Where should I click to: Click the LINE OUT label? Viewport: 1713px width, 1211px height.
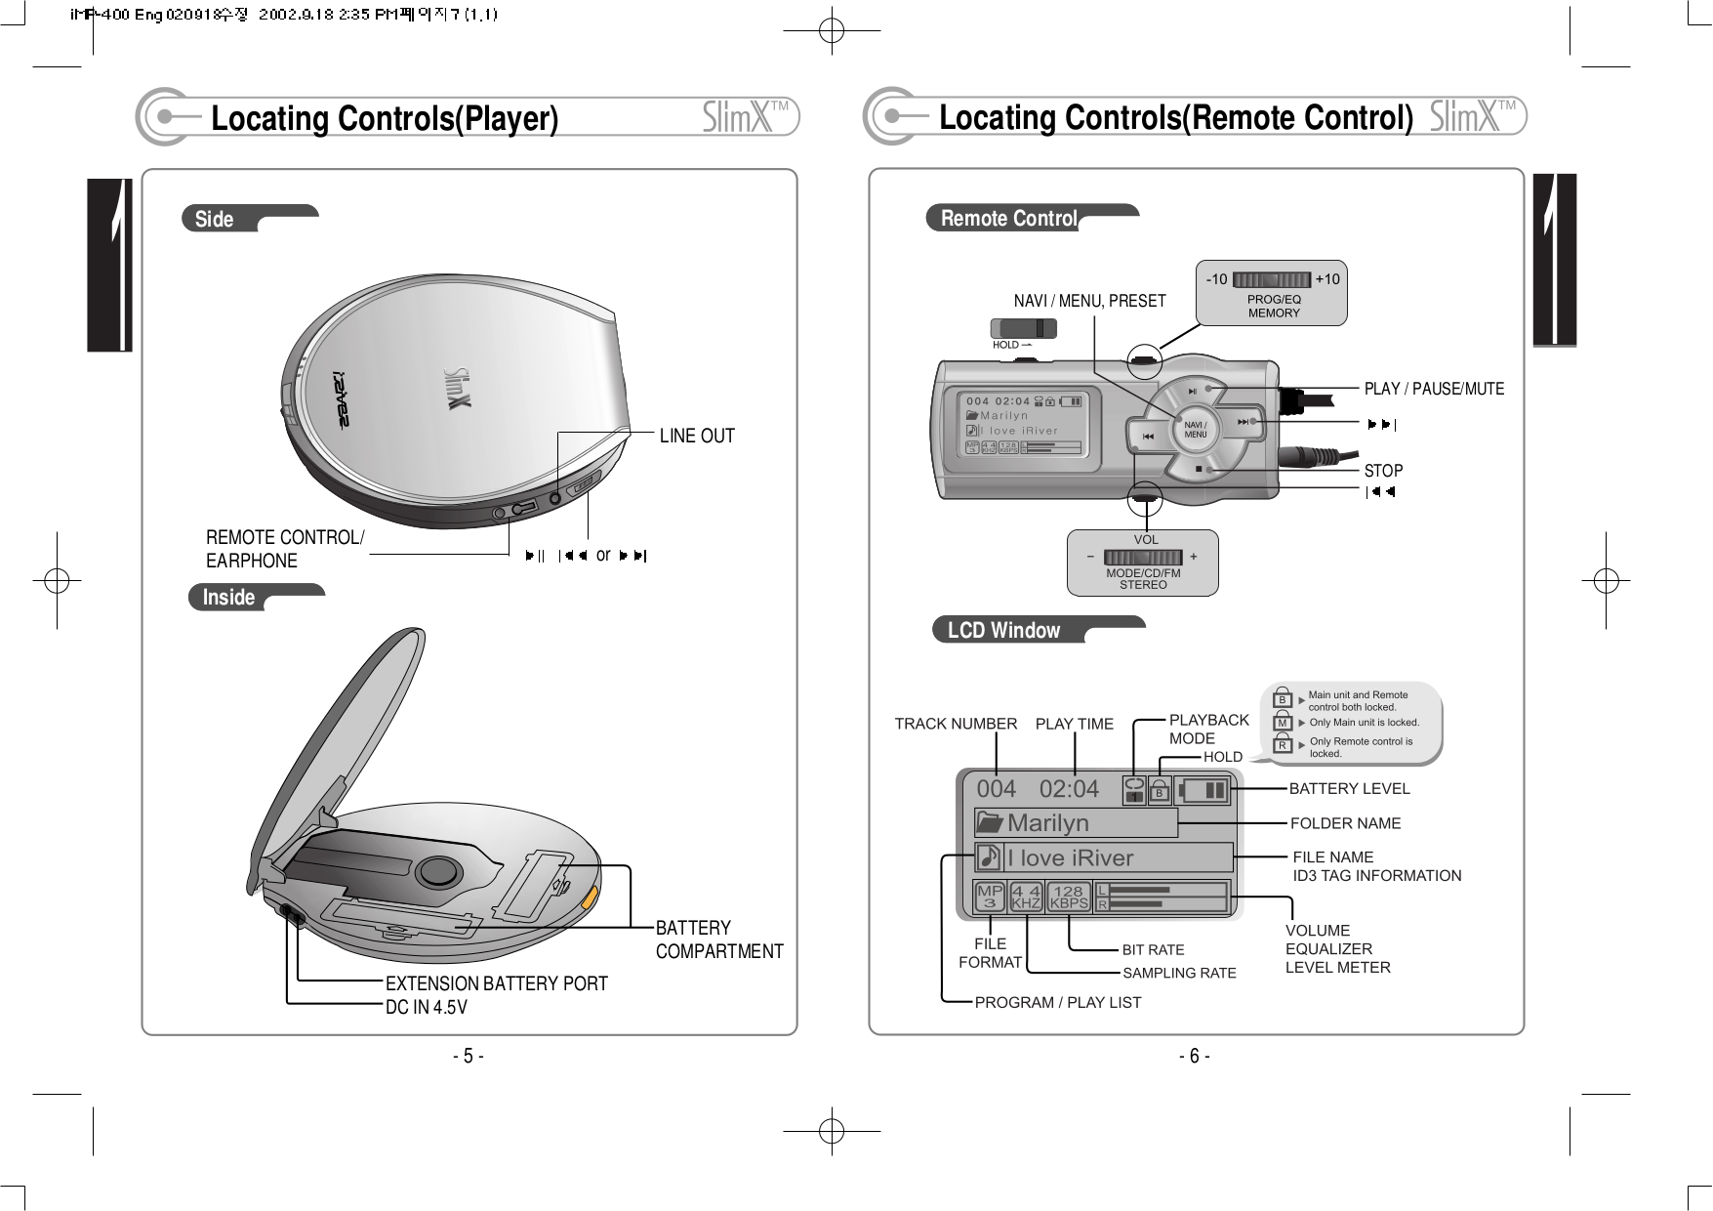click(696, 436)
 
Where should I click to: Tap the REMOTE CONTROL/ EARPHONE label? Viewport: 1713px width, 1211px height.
click(284, 549)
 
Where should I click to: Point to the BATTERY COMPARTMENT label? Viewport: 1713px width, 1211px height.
click(718, 940)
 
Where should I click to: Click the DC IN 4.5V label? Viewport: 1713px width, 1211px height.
click(426, 1007)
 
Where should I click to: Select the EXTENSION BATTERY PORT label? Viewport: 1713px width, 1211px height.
click(496, 983)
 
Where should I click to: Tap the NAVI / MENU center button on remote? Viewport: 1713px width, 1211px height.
click(1195, 430)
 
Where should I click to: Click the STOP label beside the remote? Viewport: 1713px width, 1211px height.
click(1383, 471)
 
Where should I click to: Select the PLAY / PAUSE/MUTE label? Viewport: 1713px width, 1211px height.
click(1433, 389)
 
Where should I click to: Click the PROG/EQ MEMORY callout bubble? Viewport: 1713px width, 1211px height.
click(1273, 293)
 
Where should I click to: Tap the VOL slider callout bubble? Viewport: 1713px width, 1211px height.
click(1143, 564)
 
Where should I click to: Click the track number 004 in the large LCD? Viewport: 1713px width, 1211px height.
click(997, 789)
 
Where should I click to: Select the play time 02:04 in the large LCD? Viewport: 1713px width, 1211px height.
click(1069, 789)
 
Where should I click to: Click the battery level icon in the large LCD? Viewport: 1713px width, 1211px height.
click(1201, 790)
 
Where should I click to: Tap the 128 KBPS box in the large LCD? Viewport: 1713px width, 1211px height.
click(1068, 897)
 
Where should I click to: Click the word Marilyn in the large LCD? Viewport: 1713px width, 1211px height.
click(1047, 823)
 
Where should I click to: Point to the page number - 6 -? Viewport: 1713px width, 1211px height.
click(1194, 1057)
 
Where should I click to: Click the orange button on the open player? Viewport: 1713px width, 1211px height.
click(590, 897)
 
